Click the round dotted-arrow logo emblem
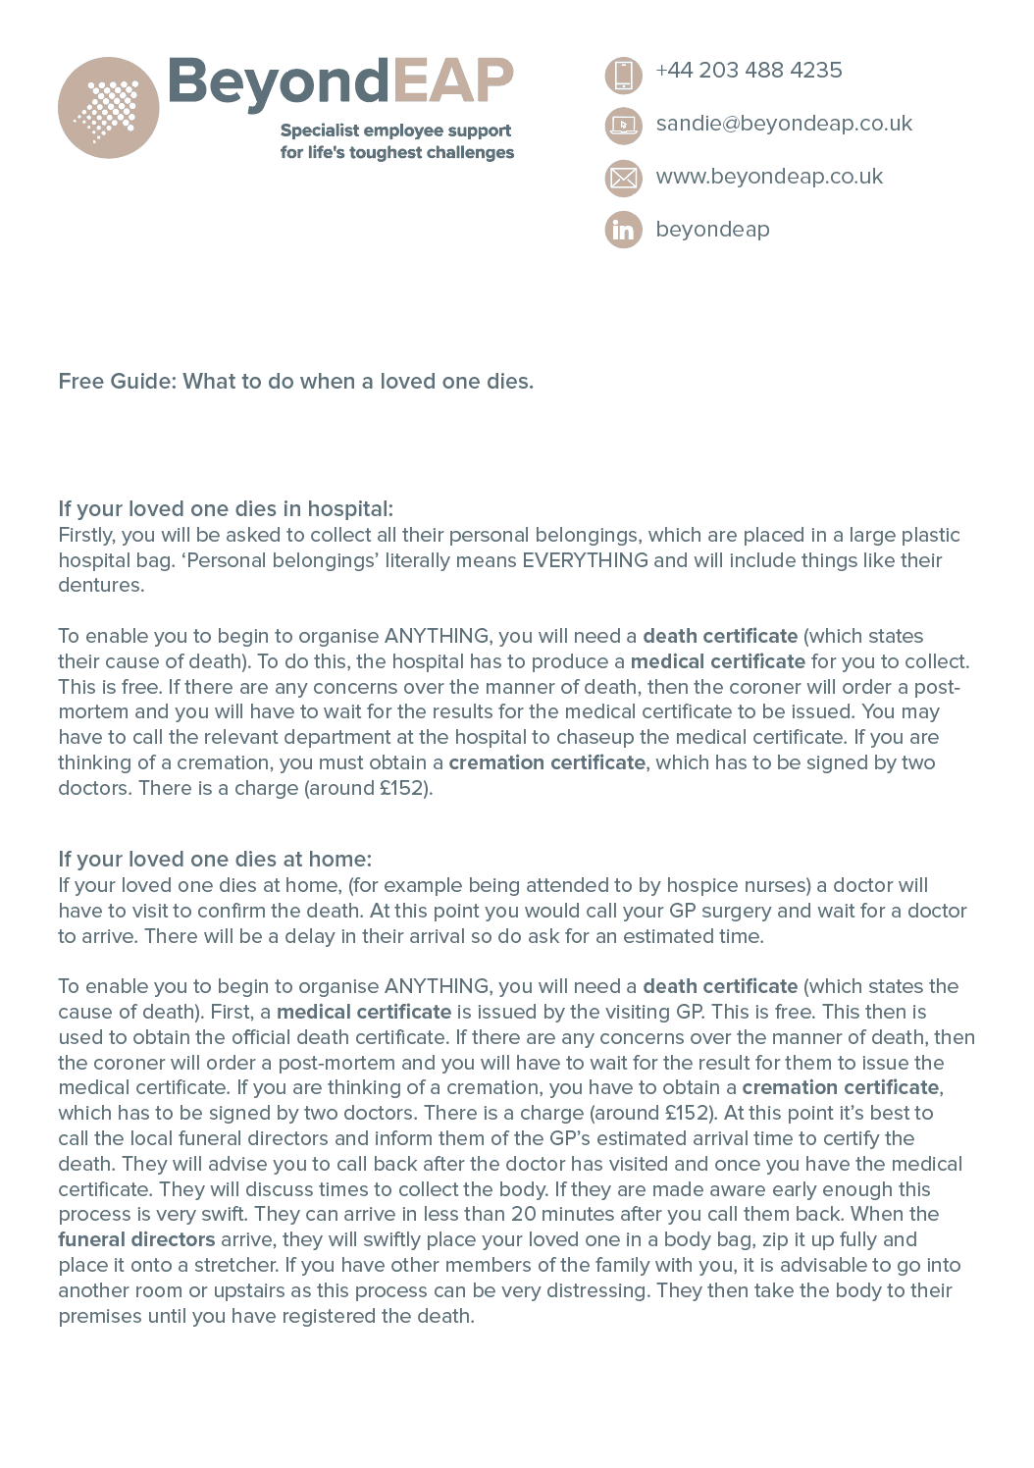coord(108,108)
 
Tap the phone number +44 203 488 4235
coord(749,71)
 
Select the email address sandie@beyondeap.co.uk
coord(784,124)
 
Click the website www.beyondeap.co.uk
coord(769,177)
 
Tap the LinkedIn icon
coord(623,230)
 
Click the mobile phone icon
coord(623,75)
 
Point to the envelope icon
coord(623,178)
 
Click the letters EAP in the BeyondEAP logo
coord(453,81)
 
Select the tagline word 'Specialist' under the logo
coord(320,131)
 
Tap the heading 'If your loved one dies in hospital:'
coord(226,509)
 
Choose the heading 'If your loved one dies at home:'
coord(215,860)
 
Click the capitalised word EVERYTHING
coord(585,560)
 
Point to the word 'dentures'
coord(100,586)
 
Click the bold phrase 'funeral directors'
coord(136,1240)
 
